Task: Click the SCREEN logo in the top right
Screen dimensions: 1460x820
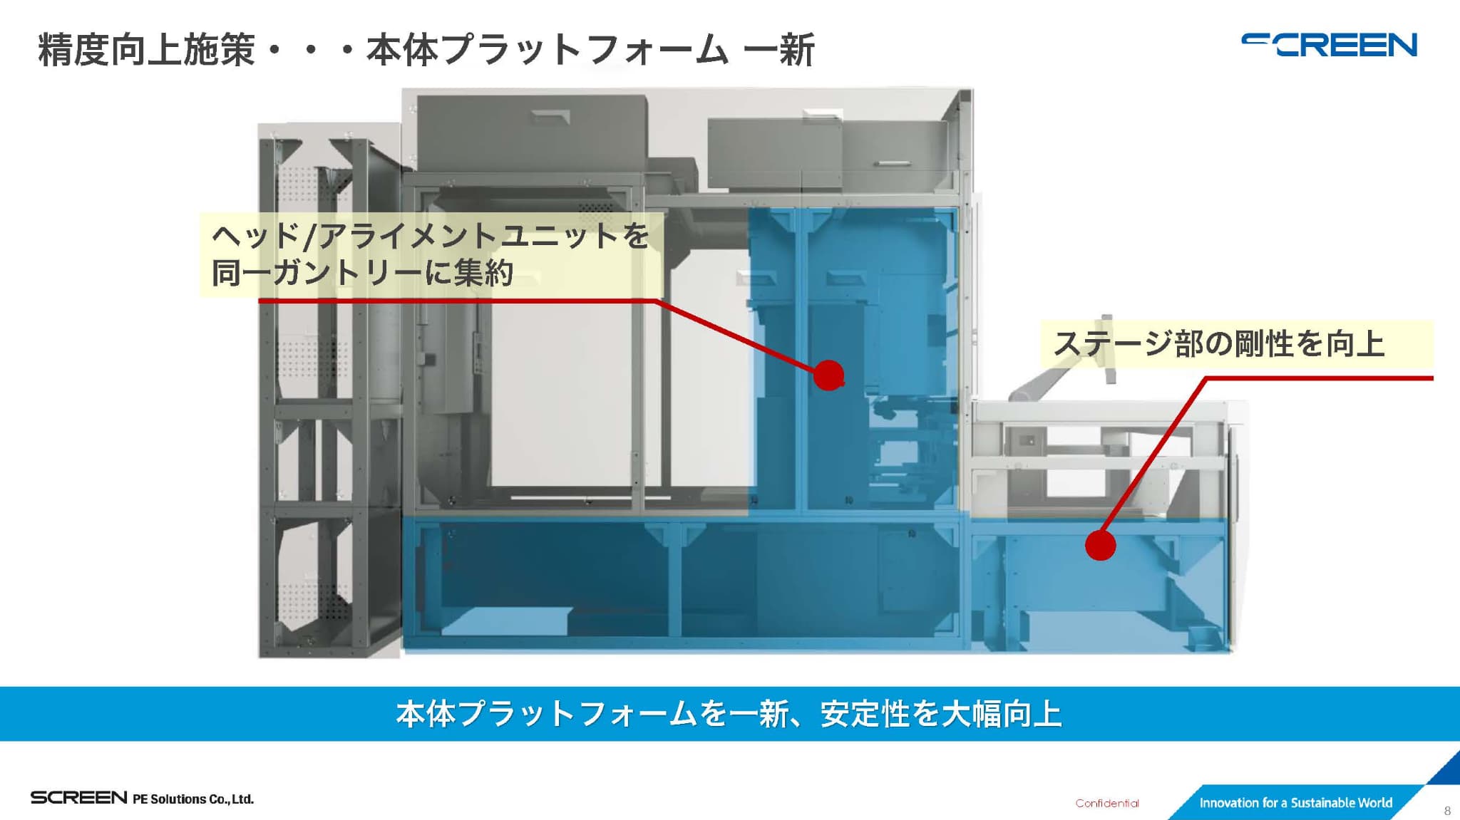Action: [1329, 45]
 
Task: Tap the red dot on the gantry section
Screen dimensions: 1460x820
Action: [829, 375]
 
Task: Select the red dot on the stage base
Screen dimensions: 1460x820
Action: [1100, 545]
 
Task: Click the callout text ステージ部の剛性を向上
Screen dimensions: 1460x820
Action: [1219, 344]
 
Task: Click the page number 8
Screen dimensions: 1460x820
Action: [1447, 811]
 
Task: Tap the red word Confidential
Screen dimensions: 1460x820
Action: [1107, 803]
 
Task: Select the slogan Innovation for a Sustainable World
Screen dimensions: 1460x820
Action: [1295, 803]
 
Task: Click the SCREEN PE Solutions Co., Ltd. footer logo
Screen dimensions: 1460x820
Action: [142, 798]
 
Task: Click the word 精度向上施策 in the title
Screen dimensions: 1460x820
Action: [146, 50]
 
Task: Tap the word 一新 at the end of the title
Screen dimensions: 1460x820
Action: [778, 50]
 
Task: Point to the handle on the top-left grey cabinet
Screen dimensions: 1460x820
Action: [552, 117]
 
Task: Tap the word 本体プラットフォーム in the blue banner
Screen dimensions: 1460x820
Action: [546, 714]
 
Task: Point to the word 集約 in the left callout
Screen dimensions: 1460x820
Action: [483, 272]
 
